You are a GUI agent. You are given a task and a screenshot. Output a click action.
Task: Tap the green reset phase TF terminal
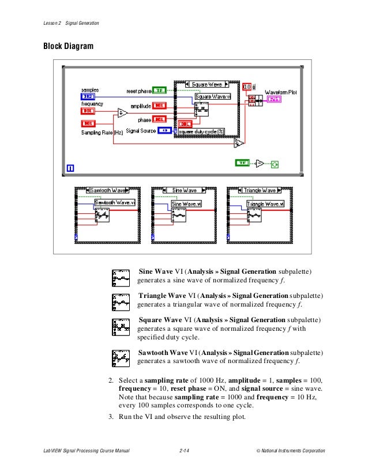pos(160,90)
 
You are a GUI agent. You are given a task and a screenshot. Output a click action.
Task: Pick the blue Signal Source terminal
pos(164,131)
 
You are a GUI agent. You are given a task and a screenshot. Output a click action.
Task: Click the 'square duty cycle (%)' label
pos(201,131)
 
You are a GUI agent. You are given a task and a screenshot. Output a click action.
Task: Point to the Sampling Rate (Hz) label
pos(102,132)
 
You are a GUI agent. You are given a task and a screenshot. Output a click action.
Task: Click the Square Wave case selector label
pos(207,84)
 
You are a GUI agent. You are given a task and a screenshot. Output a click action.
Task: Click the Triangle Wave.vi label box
pos(265,203)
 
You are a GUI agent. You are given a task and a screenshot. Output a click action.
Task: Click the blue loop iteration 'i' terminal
pos(70,168)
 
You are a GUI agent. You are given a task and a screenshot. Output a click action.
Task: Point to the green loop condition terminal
pos(275,164)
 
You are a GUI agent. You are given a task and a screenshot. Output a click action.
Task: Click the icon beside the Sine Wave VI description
pos(122,278)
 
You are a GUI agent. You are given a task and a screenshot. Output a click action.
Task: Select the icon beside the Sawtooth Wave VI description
pos(122,358)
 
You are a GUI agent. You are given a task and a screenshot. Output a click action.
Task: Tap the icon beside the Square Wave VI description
pos(122,327)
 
